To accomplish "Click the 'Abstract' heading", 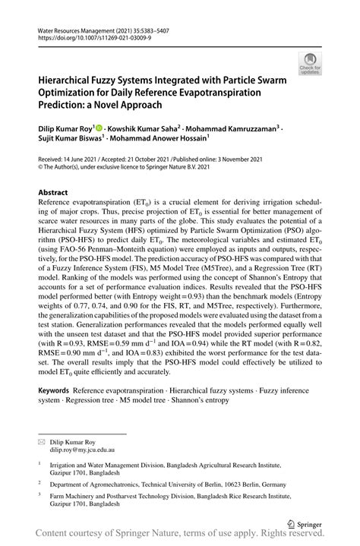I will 54,193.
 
